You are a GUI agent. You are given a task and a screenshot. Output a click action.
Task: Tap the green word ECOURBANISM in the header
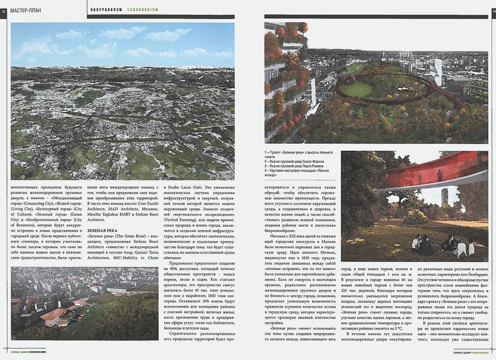143,10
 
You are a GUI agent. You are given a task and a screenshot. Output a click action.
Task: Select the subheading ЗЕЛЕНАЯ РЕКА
102,230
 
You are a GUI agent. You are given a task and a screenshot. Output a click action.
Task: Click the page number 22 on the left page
3,11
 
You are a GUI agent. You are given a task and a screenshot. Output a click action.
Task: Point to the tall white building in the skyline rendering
436,71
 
